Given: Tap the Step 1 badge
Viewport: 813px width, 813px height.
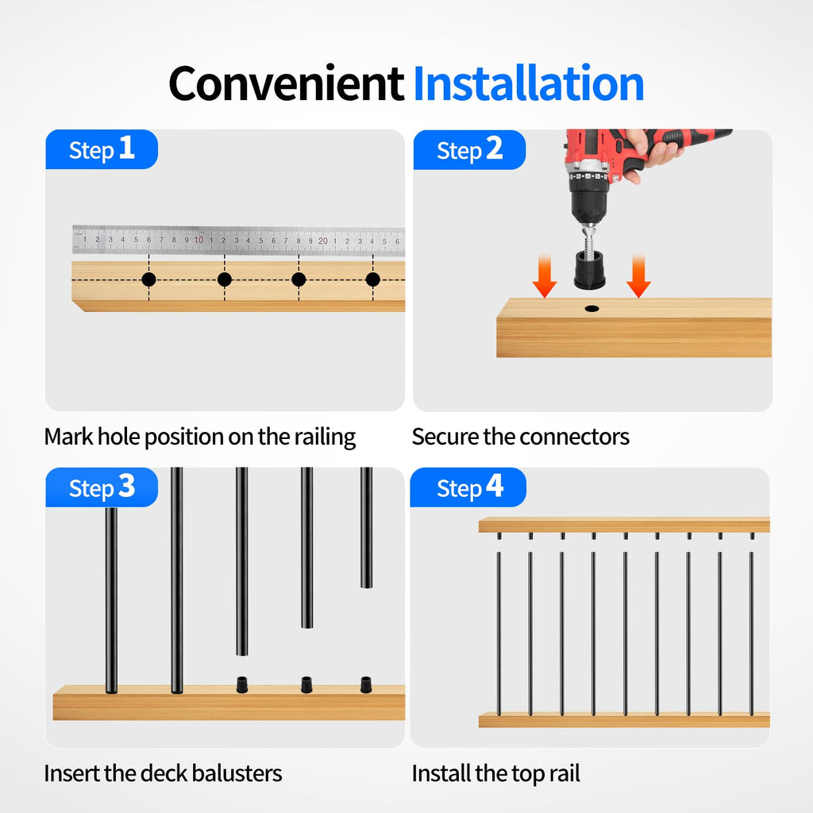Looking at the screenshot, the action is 102,149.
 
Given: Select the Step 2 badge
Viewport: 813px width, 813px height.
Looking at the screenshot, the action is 469,149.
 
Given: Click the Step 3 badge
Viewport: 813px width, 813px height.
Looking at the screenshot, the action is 102,487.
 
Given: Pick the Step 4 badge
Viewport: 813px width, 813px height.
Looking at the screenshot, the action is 468,487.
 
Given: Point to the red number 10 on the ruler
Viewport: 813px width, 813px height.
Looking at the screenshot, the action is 198,240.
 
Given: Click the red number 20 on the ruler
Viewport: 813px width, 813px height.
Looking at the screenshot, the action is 323,241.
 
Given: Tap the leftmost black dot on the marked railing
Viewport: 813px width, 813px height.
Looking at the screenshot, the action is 148,279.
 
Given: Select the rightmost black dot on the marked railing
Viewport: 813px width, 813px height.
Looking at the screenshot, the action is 373,279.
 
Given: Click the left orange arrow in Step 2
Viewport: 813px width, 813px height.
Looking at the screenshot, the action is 545,275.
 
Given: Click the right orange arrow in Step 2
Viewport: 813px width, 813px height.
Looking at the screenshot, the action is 638,275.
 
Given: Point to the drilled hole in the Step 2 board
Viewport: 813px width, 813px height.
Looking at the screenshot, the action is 591,309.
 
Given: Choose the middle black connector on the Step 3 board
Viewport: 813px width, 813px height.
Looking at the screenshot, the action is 306,684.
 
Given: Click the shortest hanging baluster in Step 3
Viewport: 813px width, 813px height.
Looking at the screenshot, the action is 366,527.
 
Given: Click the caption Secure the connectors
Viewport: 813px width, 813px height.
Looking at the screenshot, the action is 521,437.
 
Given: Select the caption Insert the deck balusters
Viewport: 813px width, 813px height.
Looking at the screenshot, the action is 163,773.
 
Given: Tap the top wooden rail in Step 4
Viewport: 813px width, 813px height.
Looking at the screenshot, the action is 624,525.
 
